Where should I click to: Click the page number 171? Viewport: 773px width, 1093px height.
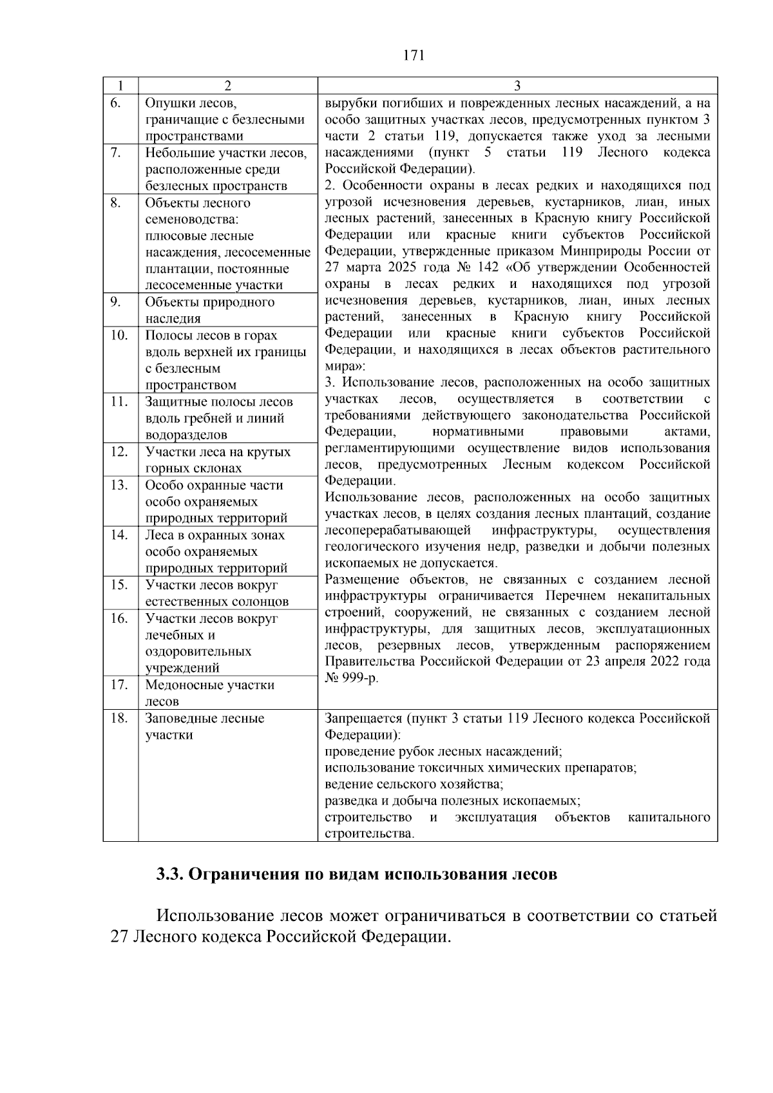(x=414, y=55)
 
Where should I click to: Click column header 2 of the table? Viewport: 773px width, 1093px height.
(x=227, y=86)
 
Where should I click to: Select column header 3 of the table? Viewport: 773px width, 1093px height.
(x=517, y=86)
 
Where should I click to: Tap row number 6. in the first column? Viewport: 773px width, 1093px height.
(x=115, y=103)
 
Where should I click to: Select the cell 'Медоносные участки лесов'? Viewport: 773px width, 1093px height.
(x=210, y=693)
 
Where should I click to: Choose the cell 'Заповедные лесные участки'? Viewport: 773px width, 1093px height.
(x=205, y=727)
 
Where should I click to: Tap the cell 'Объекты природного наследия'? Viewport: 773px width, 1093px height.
(x=210, y=310)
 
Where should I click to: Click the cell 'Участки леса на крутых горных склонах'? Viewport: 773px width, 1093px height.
(x=218, y=460)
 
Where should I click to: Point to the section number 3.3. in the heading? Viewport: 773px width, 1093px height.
(x=170, y=875)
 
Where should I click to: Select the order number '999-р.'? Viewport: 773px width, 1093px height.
(x=361, y=679)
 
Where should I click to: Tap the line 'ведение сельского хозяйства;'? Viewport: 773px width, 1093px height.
(x=414, y=784)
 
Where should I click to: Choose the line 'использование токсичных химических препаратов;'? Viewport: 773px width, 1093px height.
(x=481, y=768)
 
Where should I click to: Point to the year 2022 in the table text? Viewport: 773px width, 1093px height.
(x=653, y=662)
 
